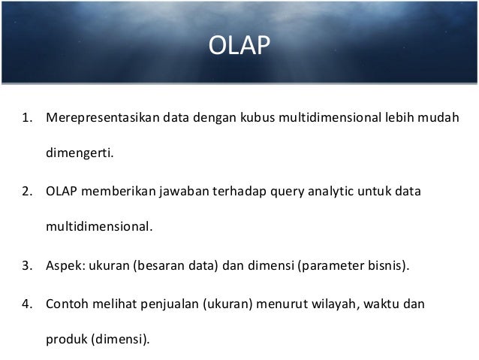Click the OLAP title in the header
click(x=239, y=47)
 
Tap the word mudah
click(x=439, y=118)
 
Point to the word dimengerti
click(x=79, y=155)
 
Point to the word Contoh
click(x=66, y=304)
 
